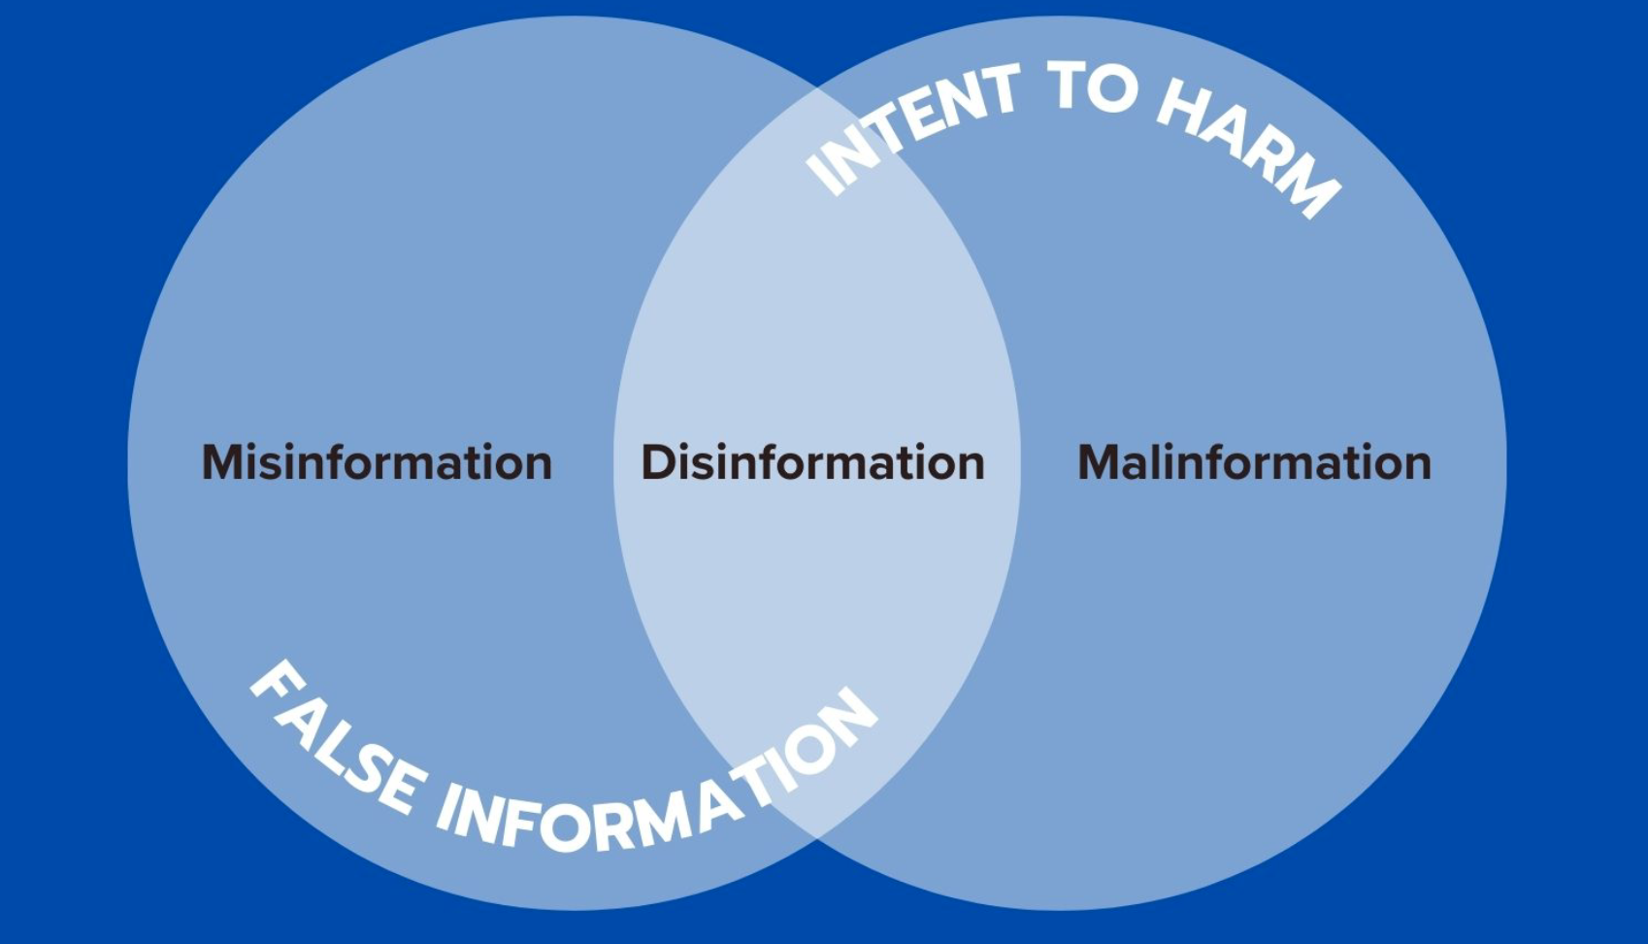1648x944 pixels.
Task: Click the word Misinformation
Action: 377,462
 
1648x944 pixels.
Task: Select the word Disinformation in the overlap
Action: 813,462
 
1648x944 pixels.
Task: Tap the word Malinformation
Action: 1254,462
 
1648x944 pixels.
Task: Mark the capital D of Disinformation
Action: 658,462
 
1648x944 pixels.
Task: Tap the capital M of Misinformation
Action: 223,462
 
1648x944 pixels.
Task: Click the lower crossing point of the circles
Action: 816,839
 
